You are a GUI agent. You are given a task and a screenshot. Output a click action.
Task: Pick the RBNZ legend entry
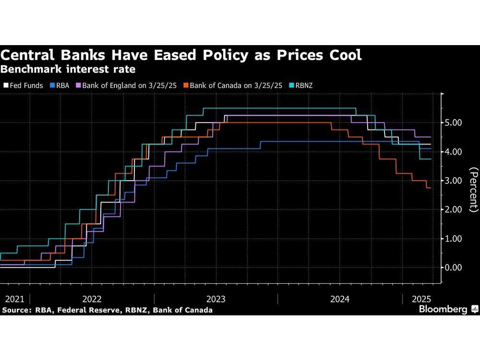pos(302,85)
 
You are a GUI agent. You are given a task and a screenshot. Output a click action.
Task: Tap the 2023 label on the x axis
pos(216,299)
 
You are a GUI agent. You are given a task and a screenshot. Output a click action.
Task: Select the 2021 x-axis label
pos(15,299)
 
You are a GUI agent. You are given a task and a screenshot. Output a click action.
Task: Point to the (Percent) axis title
pos(474,190)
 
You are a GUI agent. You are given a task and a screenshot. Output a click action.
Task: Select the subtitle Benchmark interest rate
pos(68,69)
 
